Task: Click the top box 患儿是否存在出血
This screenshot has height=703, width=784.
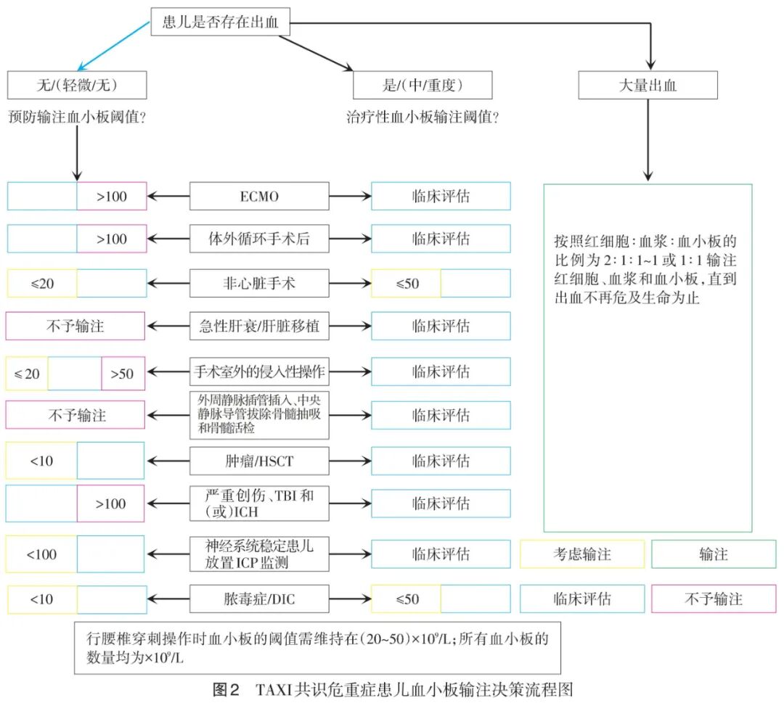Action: click(221, 23)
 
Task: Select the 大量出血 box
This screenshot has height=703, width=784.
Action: click(648, 86)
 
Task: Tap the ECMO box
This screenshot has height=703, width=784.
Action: click(258, 196)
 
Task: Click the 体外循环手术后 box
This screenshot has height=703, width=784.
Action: click(258, 239)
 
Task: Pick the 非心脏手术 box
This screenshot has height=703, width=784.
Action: click(258, 283)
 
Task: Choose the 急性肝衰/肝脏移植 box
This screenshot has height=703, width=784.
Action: click(258, 326)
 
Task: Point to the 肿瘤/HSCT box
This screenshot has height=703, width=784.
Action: click(258, 461)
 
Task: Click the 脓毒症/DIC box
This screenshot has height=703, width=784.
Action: click(258, 599)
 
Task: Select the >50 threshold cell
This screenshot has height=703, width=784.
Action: click(123, 374)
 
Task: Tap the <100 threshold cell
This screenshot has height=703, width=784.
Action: click(41, 555)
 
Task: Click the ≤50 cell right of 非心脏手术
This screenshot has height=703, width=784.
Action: click(407, 283)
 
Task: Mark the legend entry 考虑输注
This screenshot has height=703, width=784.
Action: click(581, 554)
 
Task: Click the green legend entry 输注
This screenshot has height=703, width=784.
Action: click(713, 554)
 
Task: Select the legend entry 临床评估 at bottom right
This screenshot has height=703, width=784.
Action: click(581, 599)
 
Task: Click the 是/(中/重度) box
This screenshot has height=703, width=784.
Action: click(422, 86)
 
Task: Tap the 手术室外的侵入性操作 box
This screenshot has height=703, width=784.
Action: click(258, 372)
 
